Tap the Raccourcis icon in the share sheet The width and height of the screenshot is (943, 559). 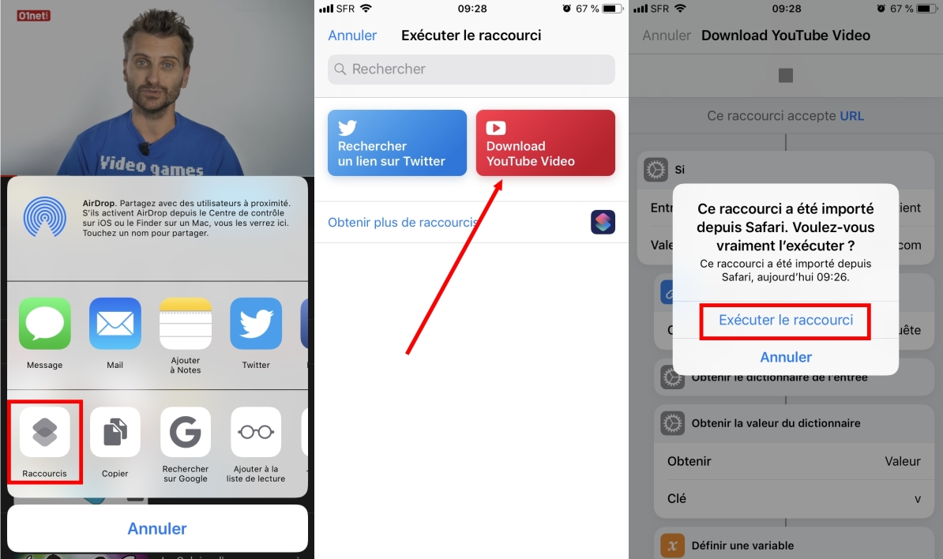tap(45, 432)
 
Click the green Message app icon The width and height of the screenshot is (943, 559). tap(45, 324)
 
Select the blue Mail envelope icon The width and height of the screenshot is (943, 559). tap(115, 324)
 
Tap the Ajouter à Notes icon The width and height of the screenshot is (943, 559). tap(186, 324)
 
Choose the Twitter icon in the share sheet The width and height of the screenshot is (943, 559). tap(256, 324)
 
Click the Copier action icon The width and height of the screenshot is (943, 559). tap(115, 432)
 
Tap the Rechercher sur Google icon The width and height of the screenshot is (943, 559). tap(186, 432)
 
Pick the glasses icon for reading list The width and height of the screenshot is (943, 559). tap(256, 432)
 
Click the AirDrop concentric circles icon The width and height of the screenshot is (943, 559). tap(45, 217)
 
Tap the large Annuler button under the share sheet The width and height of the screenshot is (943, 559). tap(157, 528)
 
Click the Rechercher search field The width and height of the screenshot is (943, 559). tap(471, 69)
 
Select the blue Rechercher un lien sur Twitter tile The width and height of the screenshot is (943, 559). tap(397, 143)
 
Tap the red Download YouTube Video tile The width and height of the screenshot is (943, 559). tap(545, 143)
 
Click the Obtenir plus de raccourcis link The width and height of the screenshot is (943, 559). tap(403, 223)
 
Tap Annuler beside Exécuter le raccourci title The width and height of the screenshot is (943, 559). tap(352, 36)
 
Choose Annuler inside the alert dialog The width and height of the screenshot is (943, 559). tap(786, 358)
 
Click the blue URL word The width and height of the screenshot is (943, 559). tap(851, 116)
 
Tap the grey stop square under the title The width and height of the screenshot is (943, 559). tap(786, 76)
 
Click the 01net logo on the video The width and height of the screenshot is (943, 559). tap(33, 15)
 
